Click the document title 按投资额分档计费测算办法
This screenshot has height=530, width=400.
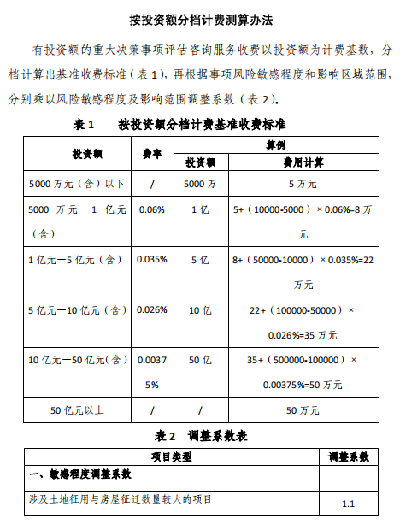click(200, 18)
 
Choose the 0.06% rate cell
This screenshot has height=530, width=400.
click(151, 209)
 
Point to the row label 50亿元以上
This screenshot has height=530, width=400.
click(77, 411)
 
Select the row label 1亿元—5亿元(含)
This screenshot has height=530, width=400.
click(75, 259)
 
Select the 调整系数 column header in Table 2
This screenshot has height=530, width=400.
click(348, 457)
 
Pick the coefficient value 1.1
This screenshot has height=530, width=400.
click(348, 504)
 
